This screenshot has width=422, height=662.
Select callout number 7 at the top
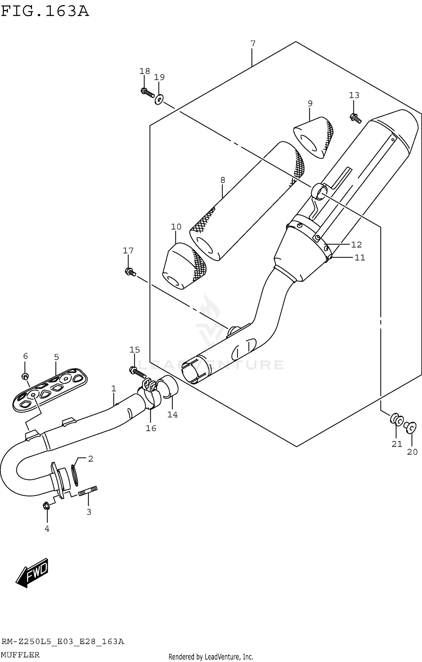(253, 44)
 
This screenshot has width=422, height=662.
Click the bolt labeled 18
(147, 92)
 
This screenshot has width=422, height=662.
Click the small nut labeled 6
(25, 376)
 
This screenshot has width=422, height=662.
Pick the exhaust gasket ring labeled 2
(75, 475)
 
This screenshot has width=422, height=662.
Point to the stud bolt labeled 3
(88, 492)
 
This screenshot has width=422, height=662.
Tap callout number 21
(397, 444)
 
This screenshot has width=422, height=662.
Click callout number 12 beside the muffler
(356, 245)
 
